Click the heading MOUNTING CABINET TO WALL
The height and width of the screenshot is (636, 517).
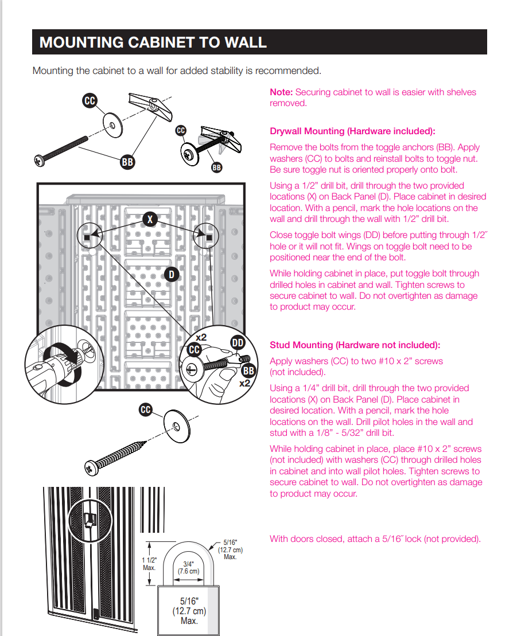(x=153, y=42)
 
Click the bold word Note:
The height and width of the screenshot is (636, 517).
(x=281, y=92)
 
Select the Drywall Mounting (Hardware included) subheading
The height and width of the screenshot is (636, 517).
(x=352, y=131)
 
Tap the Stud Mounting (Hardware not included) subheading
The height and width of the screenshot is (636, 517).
(x=355, y=345)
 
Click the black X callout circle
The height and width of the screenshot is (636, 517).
(x=150, y=219)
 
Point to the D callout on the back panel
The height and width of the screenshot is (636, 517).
(x=170, y=275)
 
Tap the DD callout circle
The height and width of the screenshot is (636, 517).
(x=238, y=344)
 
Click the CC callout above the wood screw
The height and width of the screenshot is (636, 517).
(x=146, y=409)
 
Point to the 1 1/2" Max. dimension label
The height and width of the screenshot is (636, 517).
(x=149, y=564)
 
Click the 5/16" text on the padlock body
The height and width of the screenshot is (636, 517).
(x=189, y=601)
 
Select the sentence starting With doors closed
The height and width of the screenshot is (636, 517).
(x=375, y=539)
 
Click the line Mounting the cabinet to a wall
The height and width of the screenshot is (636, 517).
(x=176, y=71)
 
